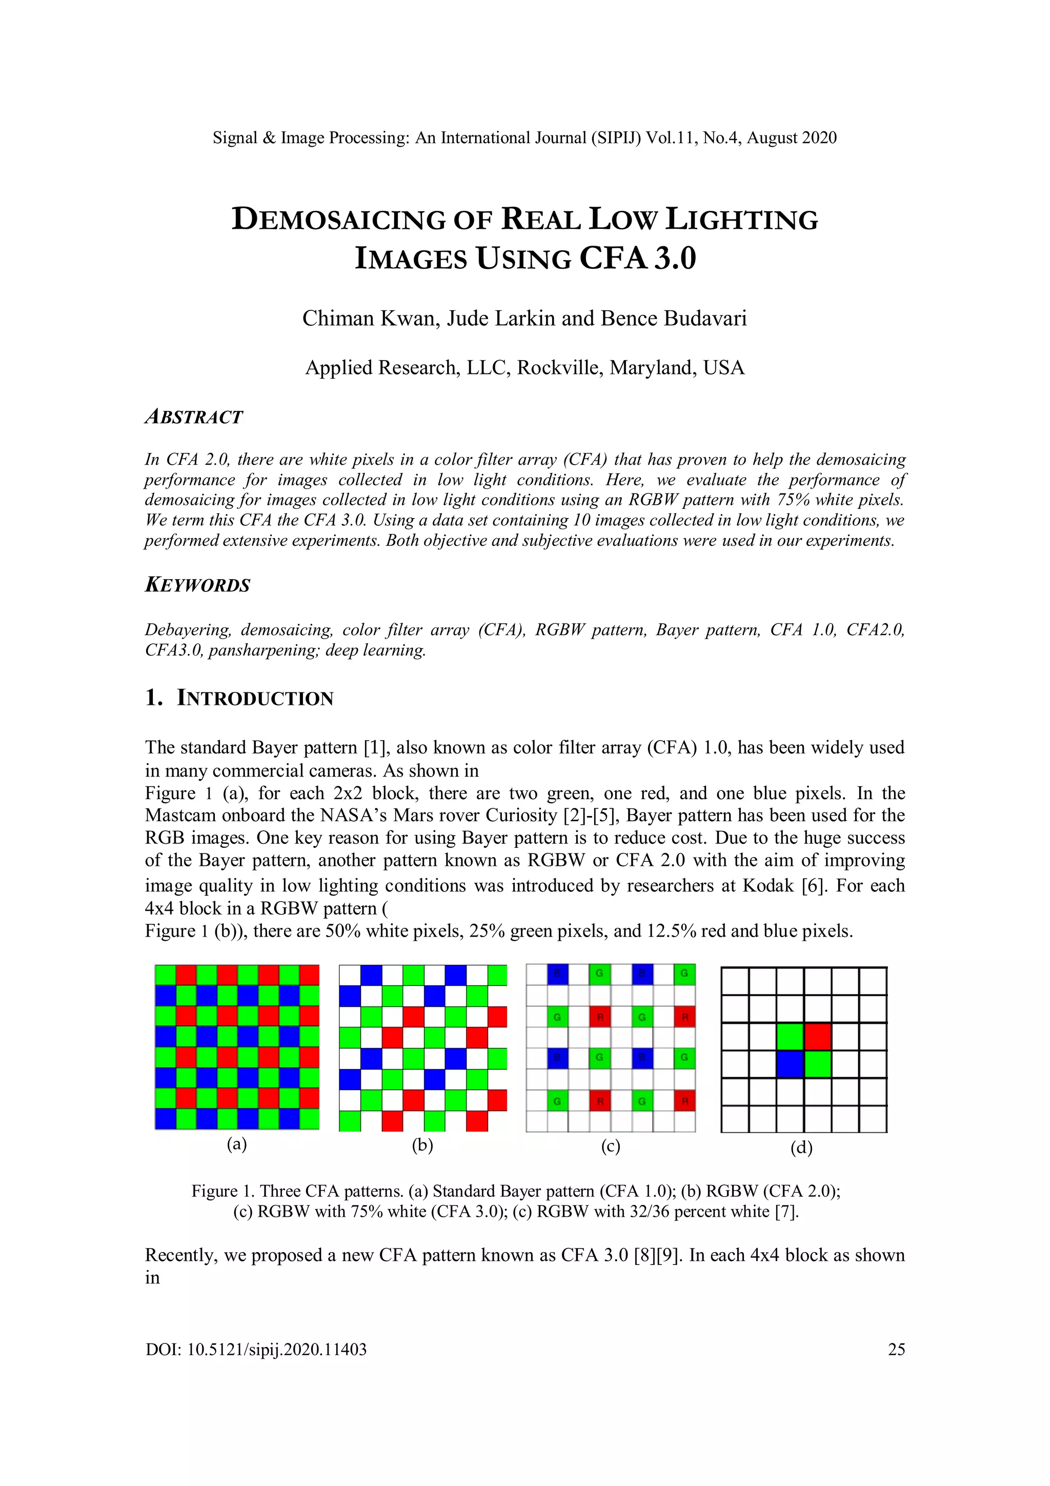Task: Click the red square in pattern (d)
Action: pyautogui.click(x=818, y=1036)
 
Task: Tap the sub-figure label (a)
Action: pyautogui.click(x=237, y=1144)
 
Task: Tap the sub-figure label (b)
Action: pyautogui.click(x=422, y=1145)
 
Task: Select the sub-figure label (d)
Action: pyautogui.click(x=801, y=1147)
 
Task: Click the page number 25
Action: pyautogui.click(x=896, y=1350)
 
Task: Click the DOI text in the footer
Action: pyautogui.click(x=255, y=1350)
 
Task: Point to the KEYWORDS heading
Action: pyautogui.click(x=197, y=585)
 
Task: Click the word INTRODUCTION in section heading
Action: pyautogui.click(x=255, y=698)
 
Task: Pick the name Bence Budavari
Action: pyautogui.click(x=674, y=319)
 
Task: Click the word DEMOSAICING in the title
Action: pyautogui.click(x=338, y=220)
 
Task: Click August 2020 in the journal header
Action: pyautogui.click(x=791, y=138)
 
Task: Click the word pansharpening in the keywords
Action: pyautogui.click(x=264, y=650)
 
